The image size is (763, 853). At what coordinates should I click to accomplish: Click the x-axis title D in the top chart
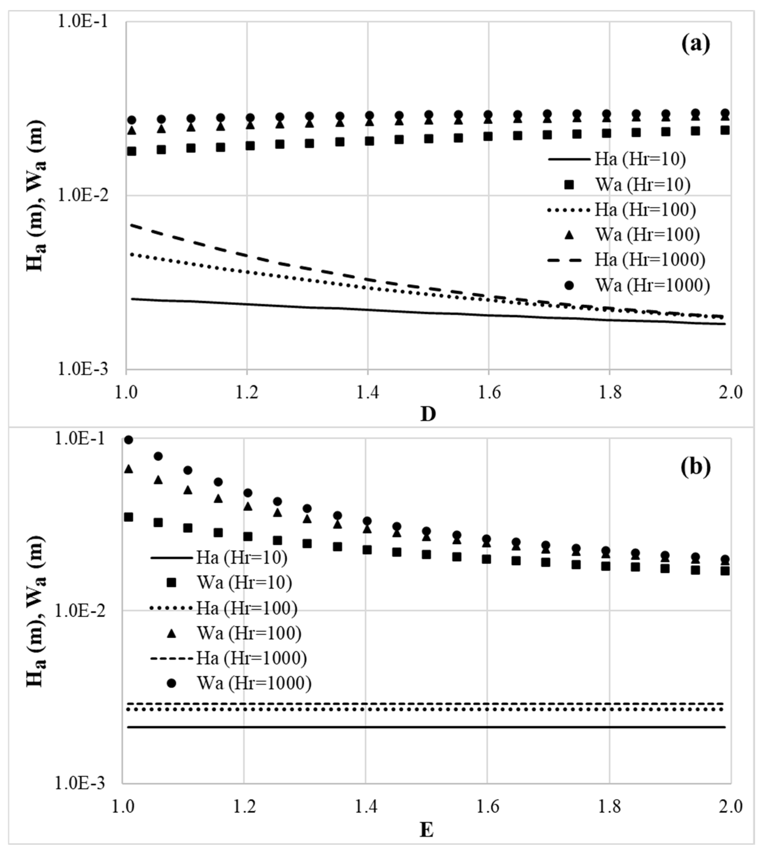[428, 414]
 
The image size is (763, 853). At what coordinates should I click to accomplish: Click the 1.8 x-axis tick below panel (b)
[608, 807]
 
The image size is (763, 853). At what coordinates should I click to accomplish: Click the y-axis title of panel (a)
[36, 196]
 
